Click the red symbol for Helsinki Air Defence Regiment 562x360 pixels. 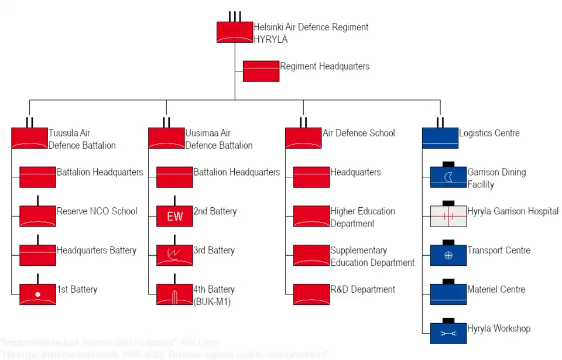234,32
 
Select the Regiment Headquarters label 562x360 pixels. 324,67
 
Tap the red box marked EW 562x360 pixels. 174,216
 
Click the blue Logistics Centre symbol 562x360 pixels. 440,138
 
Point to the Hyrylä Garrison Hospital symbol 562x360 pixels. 448,216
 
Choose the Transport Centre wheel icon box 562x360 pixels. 448,255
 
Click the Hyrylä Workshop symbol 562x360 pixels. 448,333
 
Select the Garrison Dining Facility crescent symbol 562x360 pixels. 448,177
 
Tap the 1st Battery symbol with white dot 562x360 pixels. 37,294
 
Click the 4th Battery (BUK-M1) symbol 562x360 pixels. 174,294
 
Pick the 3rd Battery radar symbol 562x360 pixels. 174,255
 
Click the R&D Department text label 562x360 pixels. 362,290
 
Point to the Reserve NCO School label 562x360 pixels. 97,211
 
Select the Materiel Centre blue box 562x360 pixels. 448,294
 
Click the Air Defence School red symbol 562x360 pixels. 303,138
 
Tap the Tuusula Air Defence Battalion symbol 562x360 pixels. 29,138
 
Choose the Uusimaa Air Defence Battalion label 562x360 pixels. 218,139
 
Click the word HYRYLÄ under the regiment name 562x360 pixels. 270,40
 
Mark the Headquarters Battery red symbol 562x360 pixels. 37,255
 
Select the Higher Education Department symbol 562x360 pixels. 311,216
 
